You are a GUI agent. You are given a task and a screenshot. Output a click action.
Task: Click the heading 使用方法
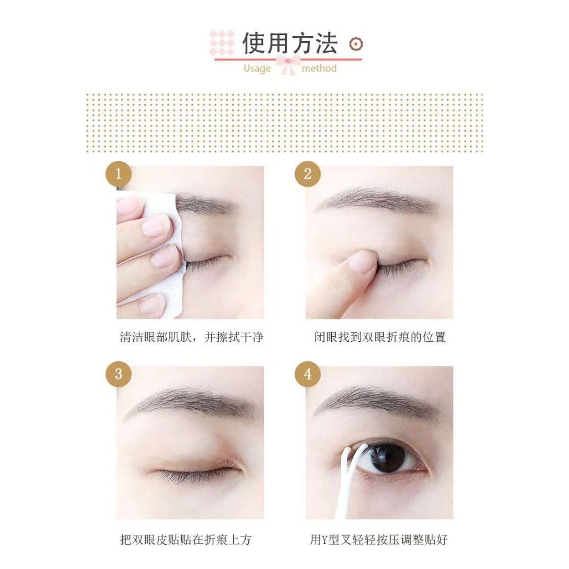pyautogui.click(x=290, y=43)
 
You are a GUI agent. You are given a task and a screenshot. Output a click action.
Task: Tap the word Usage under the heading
pyautogui.click(x=257, y=68)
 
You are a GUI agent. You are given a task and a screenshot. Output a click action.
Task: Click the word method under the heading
pyautogui.click(x=320, y=68)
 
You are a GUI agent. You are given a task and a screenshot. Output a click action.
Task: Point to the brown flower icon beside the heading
pyautogui.click(x=356, y=44)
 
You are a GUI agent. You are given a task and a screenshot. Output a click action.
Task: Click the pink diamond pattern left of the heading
pyautogui.click(x=222, y=43)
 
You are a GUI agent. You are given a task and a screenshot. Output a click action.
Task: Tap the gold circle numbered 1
pyautogui.click(x=118, y=174)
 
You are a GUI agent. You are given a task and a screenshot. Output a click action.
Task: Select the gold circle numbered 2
pyautogui.click(x=307, y=174)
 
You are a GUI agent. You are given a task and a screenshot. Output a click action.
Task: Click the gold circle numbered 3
pyautogui.click(x=118, y=374)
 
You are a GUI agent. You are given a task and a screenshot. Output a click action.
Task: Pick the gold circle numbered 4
pyautogui.click(x=307, y=374)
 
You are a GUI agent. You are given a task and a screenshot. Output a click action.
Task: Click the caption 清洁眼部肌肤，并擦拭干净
pyautogui.click(x=191, y=337)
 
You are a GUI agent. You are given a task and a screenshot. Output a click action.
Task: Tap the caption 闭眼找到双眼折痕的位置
pyautogui.click(x=380, y=337)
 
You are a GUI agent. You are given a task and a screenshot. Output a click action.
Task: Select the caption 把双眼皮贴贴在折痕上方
pyautogui.click(x=186, y=540)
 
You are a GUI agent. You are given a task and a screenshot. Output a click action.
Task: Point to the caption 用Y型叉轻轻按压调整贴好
pyautogui.click(x=379, y=540)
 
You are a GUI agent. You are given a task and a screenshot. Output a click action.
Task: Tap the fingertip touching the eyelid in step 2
pyautogui.click(x=363, y=261)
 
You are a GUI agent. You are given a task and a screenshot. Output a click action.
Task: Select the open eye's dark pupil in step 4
pyautogui.click(x=387, y=458)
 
